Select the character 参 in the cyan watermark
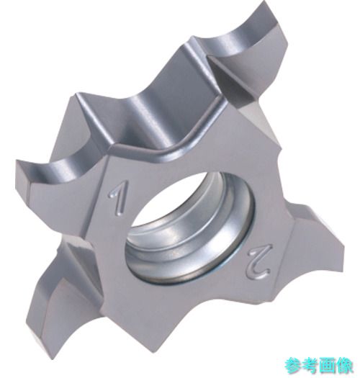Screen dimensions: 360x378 293,366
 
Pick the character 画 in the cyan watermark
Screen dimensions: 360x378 327,366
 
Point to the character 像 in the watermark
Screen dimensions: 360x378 344,366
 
